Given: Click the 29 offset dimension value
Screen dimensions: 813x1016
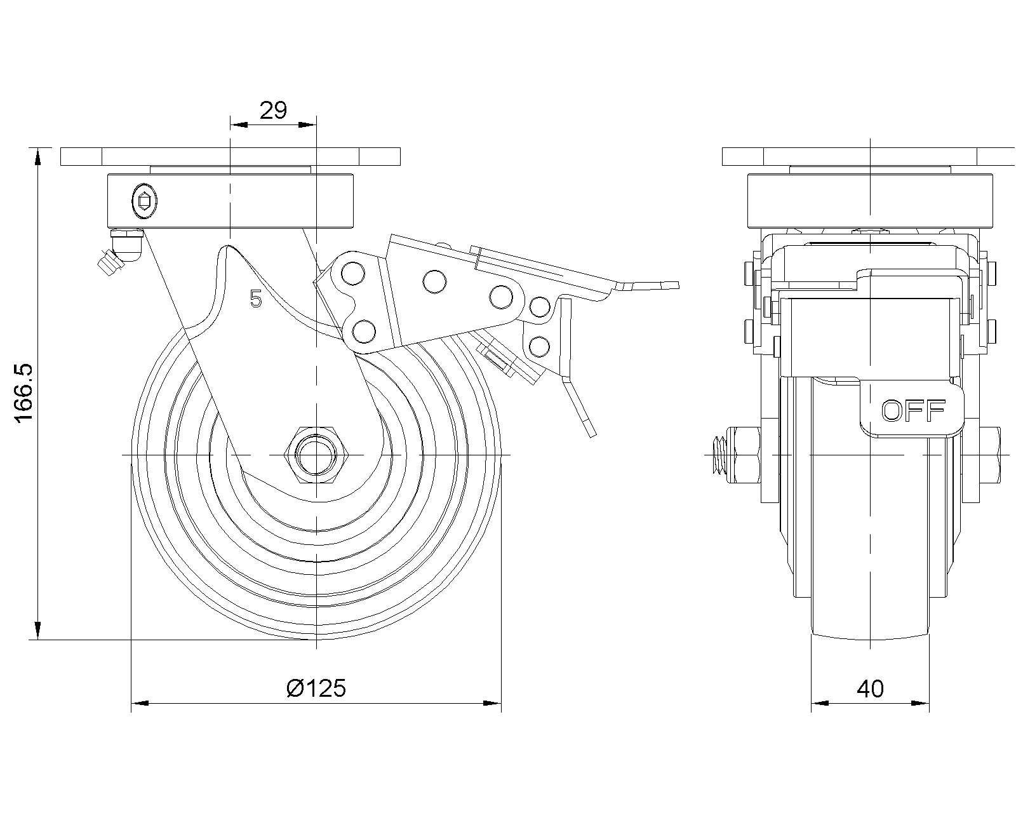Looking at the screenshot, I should (274, 111).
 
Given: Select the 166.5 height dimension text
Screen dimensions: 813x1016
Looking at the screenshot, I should (23, 394).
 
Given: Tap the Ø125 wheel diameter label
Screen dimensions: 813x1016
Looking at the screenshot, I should (316, 688).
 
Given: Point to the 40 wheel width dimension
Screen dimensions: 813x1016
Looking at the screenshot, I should (870, 689).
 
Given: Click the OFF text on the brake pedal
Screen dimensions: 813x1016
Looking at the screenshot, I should (914, 412).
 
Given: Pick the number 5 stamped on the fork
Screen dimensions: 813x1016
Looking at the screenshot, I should (256, 299).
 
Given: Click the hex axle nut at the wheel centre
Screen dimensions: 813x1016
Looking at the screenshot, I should (316, 455).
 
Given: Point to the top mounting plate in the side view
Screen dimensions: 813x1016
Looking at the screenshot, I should (231, 156).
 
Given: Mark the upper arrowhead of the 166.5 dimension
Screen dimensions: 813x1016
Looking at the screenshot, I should (39, 156).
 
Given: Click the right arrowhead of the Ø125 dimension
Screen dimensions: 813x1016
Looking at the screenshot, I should (493, 703).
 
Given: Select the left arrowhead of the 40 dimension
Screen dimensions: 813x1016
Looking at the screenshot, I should (820, 703).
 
